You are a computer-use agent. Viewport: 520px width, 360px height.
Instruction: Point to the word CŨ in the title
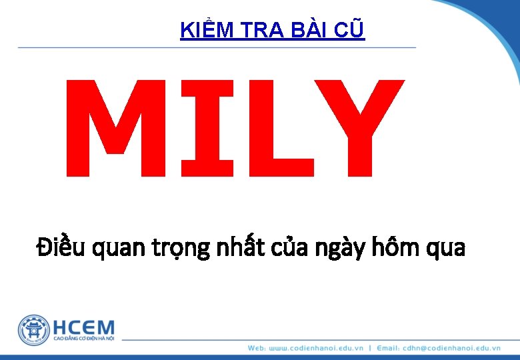[x=352, y=31]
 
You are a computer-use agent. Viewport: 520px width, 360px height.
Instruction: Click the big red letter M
[x=113, y=128]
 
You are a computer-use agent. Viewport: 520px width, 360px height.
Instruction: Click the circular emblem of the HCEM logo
[x=34, y=330]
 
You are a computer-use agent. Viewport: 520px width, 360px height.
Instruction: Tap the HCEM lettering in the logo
[x=83, y=327]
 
